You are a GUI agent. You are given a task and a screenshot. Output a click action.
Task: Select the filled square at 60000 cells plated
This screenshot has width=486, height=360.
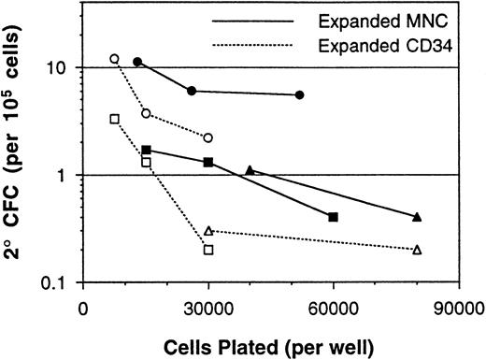[x=334, y=217]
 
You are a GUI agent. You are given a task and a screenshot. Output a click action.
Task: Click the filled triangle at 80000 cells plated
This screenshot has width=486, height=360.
[x=417, y=217]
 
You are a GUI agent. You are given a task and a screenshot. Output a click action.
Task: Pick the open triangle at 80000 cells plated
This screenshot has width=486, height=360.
[x=417, y=250]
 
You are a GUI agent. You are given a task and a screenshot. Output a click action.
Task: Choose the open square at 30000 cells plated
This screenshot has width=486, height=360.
[x=208, y=250]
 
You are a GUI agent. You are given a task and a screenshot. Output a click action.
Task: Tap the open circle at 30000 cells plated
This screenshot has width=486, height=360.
[x=208, y=137]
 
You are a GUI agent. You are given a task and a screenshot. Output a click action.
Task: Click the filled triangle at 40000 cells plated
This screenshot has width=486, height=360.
[x=250, y=170]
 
